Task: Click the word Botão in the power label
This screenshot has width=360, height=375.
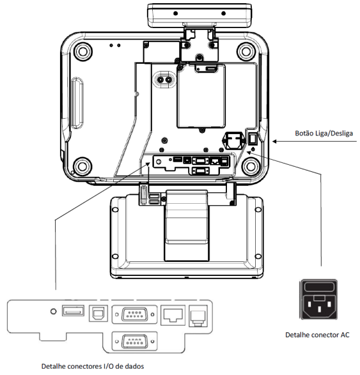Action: point(304,134)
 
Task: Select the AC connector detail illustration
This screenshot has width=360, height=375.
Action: point(318,299)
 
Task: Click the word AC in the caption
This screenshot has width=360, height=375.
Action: point(345,335)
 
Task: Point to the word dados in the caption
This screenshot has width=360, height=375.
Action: point(135,366)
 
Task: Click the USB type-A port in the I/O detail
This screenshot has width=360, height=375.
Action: point(73,310)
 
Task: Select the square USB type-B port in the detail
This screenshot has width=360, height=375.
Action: point(98,313)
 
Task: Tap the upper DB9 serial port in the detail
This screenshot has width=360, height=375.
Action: point(134,314)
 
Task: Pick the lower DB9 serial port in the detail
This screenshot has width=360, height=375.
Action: point(134,341)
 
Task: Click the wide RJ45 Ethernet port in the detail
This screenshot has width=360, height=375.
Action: point(173,315)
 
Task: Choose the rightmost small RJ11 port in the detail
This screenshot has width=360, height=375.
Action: point(198,316)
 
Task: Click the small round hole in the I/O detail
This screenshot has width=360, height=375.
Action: point(54,311)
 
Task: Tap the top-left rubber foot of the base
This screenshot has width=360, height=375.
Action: point(83,51)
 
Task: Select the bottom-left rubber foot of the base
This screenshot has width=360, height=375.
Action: point(82,166)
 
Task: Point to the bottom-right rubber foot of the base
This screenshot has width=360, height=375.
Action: point(251,166)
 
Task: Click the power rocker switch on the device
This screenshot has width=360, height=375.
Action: point(253,139)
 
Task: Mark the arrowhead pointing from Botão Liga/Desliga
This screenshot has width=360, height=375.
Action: point(274,142)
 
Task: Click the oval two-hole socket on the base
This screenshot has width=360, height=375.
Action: point(165,79)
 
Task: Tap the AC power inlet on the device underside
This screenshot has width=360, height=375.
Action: point(234,141)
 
